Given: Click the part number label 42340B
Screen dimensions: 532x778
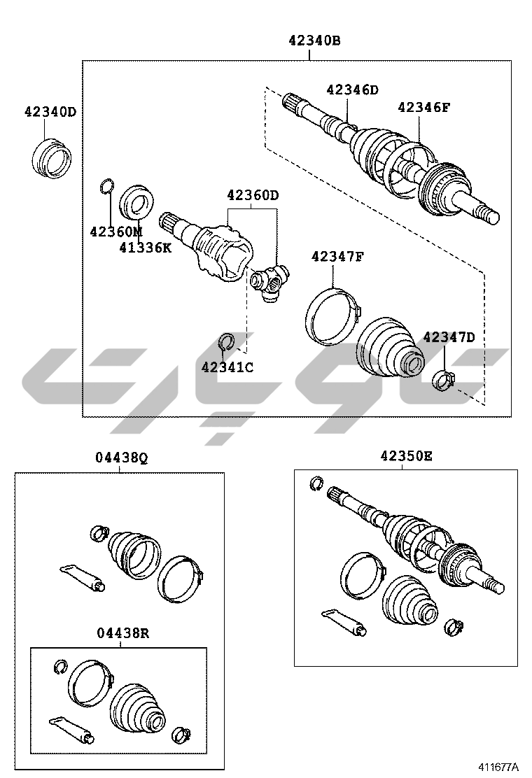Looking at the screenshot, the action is point(314,41).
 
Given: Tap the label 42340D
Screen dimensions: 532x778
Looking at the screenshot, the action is point(50,112).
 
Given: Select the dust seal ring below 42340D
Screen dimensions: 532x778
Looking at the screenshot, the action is point(51,159).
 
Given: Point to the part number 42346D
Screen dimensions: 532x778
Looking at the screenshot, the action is point(352,90).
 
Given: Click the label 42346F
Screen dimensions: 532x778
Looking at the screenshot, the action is point(424,107).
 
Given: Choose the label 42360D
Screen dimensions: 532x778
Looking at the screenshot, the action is point(253,195).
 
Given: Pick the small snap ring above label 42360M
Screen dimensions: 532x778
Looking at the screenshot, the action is point(107,185).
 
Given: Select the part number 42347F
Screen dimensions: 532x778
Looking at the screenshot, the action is point(337,257).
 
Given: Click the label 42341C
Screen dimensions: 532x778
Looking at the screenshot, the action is point(227,367).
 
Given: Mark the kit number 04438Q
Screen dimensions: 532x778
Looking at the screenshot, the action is point(122,458).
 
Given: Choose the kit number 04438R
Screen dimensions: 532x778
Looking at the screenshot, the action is point(122,633).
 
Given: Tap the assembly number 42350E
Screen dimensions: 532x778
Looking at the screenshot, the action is point(407,455).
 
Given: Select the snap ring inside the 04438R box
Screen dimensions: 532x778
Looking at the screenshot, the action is point(60,667).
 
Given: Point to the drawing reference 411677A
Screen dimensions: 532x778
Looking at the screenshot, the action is point(498,767).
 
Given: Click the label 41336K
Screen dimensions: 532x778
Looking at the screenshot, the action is point(146,248).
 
